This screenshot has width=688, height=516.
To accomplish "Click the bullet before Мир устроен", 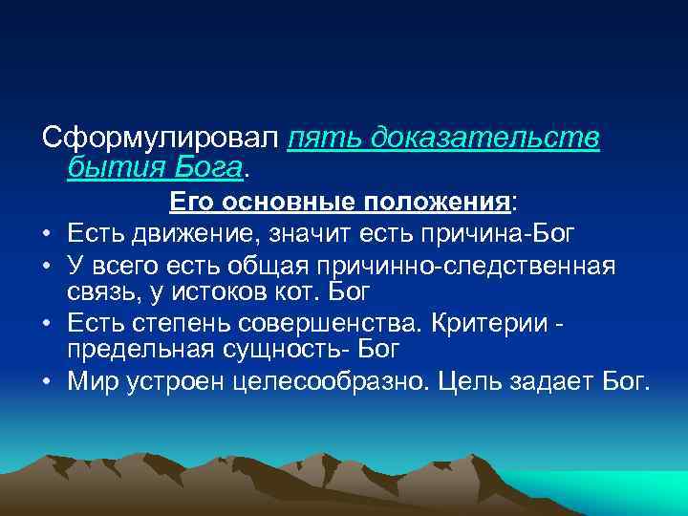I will coord(47,382).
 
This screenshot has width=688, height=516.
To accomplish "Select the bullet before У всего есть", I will coord(47,264).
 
